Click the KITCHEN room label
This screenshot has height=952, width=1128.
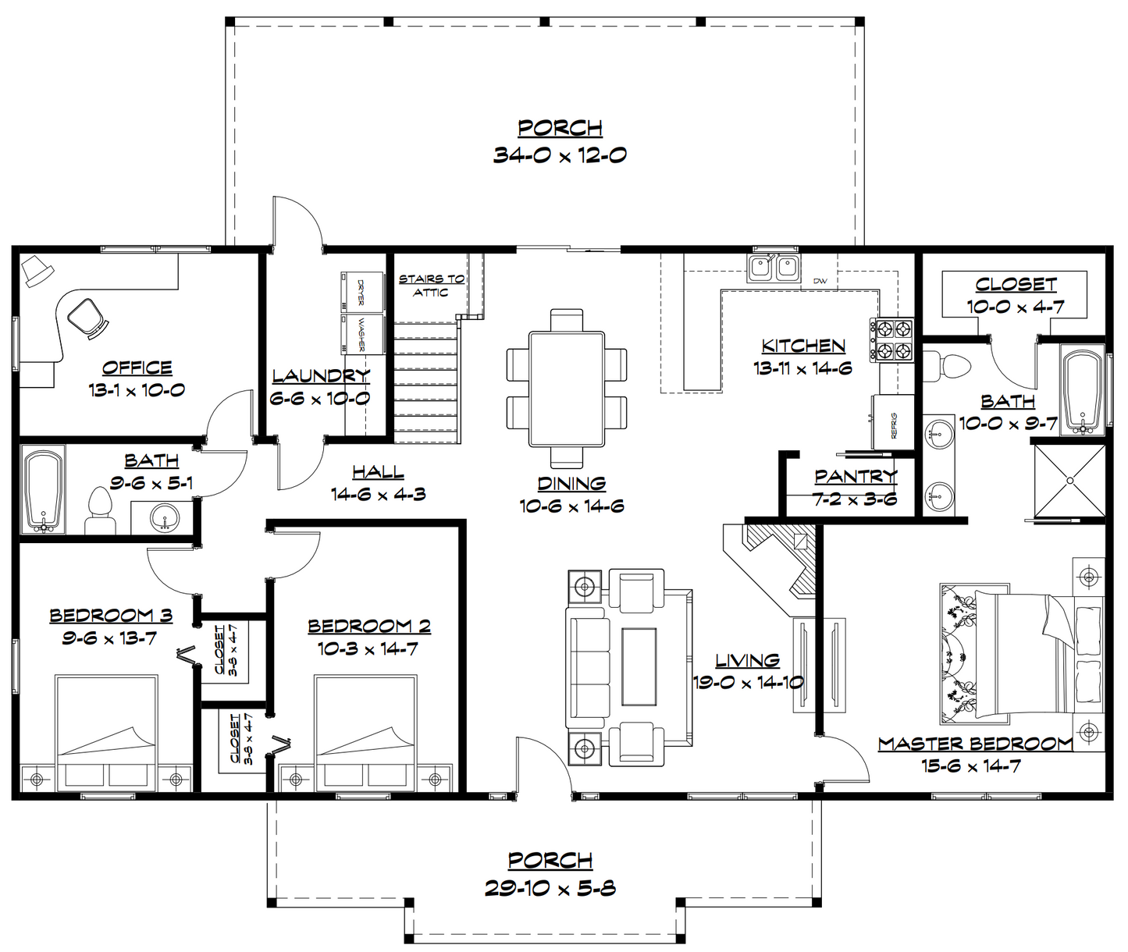[x=803, y=346]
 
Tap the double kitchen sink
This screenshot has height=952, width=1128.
[x=774, y=268]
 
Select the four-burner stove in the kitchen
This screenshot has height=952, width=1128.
[x=891, y=340]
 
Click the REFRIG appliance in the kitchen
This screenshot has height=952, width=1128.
[x=892, y=421]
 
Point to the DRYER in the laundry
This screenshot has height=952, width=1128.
[x=362, y=292]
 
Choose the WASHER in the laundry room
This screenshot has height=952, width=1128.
[x=362, y=334]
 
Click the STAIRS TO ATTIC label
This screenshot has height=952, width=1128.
[x=432, y=286]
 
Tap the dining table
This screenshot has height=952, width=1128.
[x=567, y=389]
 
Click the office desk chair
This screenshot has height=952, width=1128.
[x=87, y=318]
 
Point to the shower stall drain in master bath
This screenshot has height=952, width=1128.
[x=1069, y=480]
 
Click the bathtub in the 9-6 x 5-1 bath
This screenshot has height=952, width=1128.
[x=43, y=489]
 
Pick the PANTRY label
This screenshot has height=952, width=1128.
[x=856, y=476]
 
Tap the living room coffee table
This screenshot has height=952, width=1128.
[x=639, y=667]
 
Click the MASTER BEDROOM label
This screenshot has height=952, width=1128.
[x=976, y=744]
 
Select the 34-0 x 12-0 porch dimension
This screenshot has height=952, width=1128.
[x=560, y=155]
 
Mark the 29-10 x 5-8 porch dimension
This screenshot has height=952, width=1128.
[x=550, y=888]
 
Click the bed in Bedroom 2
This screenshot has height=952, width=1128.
[x=366, y=732]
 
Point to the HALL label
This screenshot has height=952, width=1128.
[x=378, y=472]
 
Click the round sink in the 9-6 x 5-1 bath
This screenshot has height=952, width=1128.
[x=165, y=517]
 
